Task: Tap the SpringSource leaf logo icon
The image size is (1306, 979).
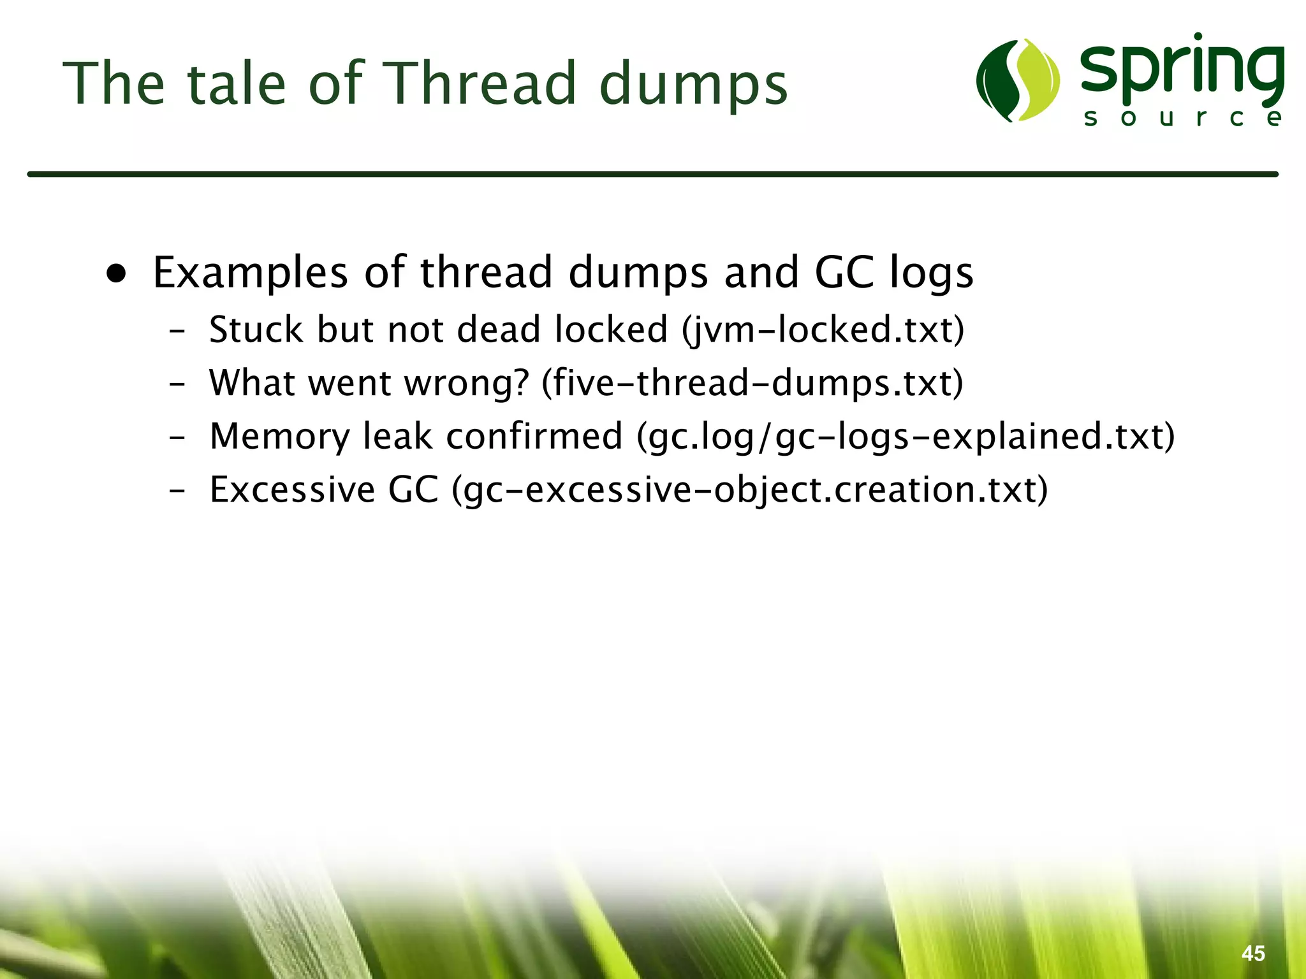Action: (1018, 80)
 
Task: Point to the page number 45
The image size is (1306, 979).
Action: (1253, 953)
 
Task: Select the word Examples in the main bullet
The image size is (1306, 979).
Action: (250, 273)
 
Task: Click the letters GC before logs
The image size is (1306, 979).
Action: (844, 273)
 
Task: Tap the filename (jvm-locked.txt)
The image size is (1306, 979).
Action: (823, 330)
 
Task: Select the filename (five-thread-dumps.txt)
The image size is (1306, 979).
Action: (752, 384)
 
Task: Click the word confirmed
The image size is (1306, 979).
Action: (534, 437)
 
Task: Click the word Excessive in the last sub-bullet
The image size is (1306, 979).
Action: (292, 490)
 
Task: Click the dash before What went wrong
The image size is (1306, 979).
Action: (177, 385)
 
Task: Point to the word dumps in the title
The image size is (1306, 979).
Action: (693, 83)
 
